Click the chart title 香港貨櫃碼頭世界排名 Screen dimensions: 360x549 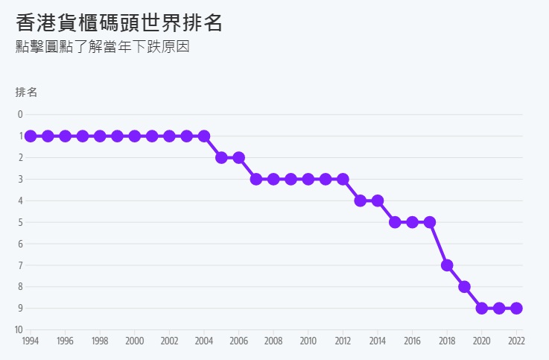point(119,22)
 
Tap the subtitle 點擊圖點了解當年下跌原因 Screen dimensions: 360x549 point(103,47)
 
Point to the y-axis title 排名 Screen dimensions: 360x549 point(26,92)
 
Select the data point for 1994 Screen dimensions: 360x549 point(31,136)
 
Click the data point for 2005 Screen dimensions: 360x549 point(221,157)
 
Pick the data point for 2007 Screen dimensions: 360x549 point(256,179)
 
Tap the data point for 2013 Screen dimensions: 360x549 point(361,200)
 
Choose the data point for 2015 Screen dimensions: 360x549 point(395,222)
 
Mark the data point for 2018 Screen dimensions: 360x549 point(447,265)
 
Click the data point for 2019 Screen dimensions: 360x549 point(464,287)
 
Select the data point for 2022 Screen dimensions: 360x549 point(516,308)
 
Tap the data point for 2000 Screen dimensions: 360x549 point(135,136)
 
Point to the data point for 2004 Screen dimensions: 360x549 point(204,136)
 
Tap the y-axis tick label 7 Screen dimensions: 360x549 point(20,265)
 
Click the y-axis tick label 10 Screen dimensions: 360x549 point(19,329)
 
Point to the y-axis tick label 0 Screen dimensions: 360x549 point(20,114)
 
